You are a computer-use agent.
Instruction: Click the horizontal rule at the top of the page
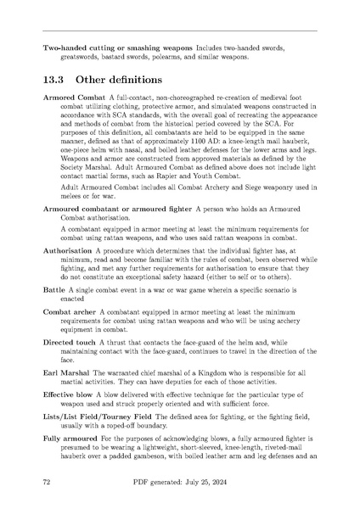(x=180, y=31)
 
